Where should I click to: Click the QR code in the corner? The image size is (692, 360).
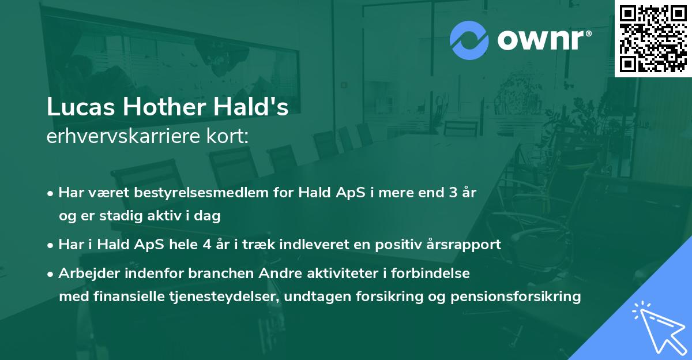(653, 38)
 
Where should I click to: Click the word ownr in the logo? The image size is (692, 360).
(541, 41)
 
